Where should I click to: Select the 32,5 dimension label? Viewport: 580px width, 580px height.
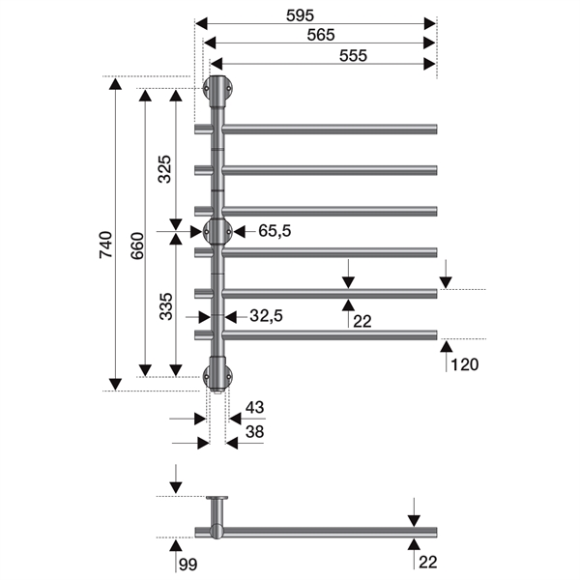point(266,316)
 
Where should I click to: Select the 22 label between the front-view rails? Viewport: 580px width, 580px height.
point(362,320)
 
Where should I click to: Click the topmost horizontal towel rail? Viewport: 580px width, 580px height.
point(329,128)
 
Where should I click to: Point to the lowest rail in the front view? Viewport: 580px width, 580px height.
point(329,334)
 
